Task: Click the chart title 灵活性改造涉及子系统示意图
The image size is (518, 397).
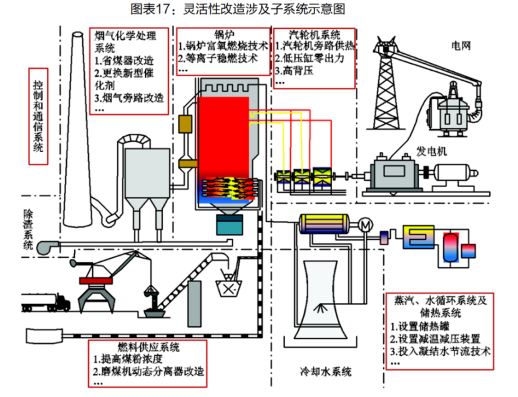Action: [x=264, y=9]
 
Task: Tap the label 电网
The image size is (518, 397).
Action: [x=461, y=46]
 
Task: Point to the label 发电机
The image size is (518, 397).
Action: [x=431, y=151]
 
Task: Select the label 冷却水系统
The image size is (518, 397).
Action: [x=325, y=371]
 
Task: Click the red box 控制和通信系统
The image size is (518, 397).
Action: [x=38, y=116]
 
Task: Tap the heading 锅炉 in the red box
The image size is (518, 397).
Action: [x=224, y=34]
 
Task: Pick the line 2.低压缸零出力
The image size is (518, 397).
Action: [x=310, y=58]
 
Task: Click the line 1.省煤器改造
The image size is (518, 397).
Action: [x=125, y=61]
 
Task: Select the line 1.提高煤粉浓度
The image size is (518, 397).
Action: [x=128, y=359]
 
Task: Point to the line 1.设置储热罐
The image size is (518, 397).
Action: [x=420, y=326]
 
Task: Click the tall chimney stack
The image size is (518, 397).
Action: [x=78, y=129]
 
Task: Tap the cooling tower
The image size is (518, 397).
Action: [x=320, y=299]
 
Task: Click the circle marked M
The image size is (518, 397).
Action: [x=365, y=225]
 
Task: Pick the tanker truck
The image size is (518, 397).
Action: [x=46, y=303]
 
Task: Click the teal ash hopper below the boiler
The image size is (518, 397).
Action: [x=230, y=224]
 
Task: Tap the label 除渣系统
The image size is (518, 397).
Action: [x=28, y=229]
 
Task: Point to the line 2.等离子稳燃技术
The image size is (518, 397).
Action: [x=218, y=58]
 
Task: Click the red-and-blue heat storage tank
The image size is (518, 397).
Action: [x=451, y=248]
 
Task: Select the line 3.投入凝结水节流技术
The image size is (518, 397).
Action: [x=440, y=351]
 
